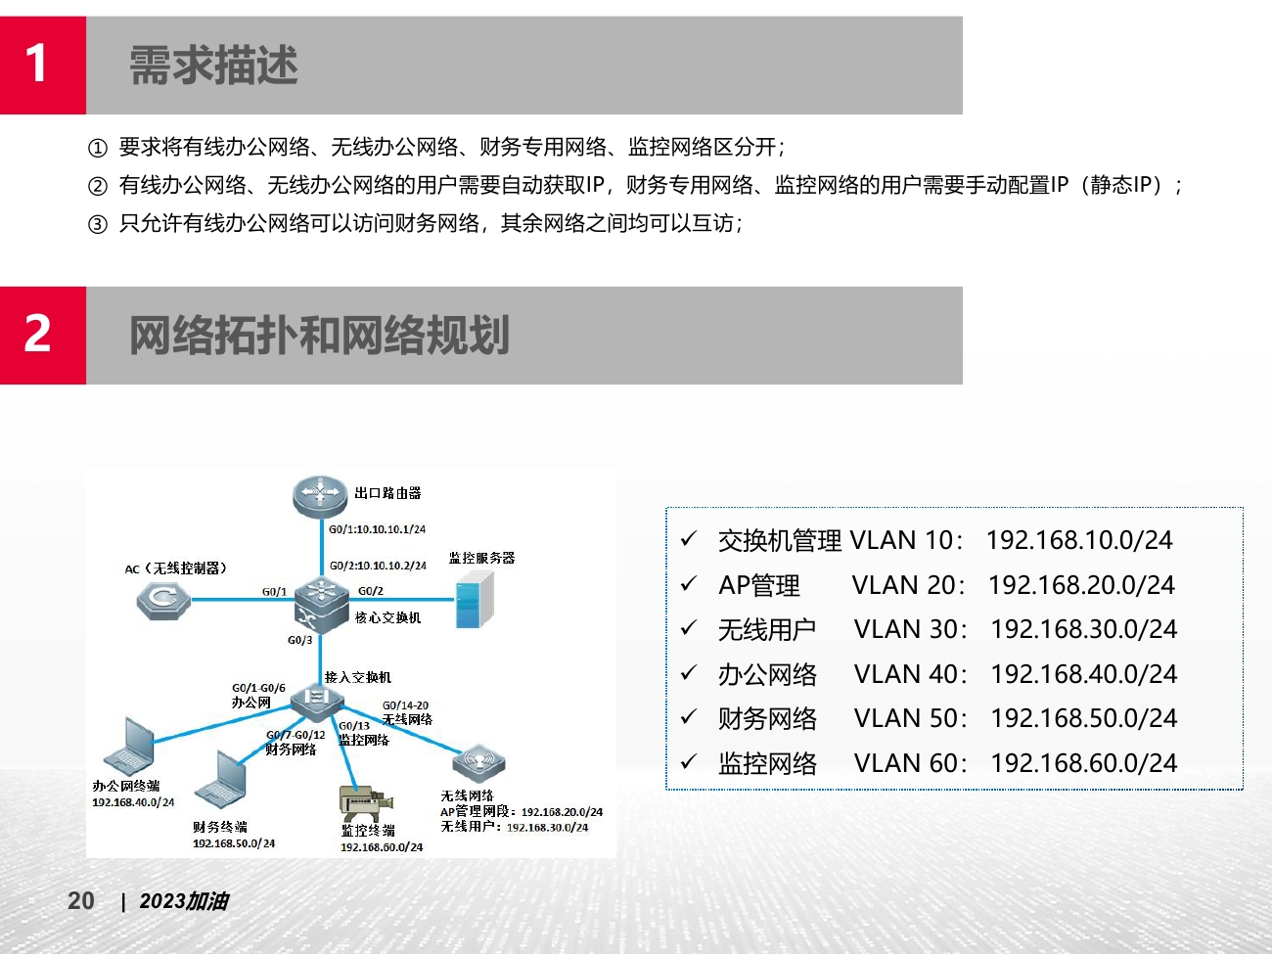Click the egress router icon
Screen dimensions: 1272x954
point(320,496)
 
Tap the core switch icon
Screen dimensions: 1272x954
point(321,603)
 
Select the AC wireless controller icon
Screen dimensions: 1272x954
point(162,599)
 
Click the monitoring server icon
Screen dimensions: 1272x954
point(475,599)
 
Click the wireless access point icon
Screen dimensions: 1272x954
point(478,764)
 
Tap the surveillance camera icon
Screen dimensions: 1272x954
point(365,802)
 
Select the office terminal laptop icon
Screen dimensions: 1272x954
point(129,749)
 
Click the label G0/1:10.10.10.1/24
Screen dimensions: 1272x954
point(377,529)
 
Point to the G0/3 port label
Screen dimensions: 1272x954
point(300,640)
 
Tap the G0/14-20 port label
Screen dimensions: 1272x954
point(405,705)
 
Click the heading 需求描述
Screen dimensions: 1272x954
point(213,66)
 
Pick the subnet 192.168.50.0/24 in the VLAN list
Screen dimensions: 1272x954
point(1083,718)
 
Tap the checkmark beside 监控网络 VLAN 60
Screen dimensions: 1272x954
point(689,761)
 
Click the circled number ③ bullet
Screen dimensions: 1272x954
point(98,224)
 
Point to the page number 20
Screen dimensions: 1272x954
point(81,901)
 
